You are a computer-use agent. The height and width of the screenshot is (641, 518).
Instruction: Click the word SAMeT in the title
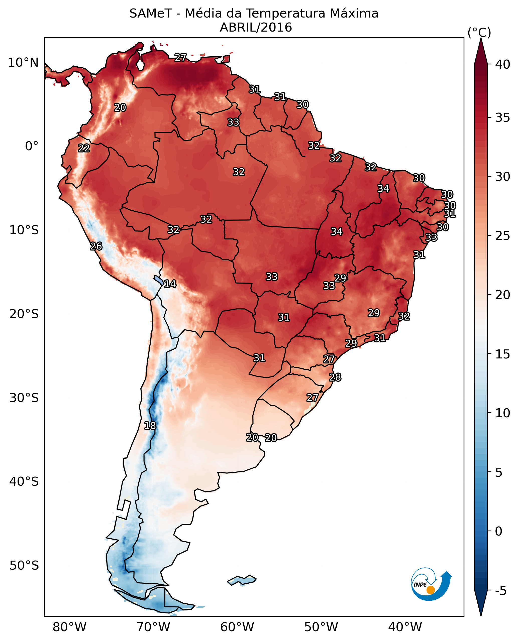(x=151, y=14)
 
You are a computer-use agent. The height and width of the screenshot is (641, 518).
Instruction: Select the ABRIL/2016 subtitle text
(x=256, y=28)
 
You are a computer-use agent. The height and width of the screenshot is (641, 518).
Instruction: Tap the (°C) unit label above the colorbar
(x=479, y=33)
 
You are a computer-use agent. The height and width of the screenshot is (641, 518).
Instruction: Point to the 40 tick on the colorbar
(x=502, y=64)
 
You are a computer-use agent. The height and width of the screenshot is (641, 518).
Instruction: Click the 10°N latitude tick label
(x=23, y=63)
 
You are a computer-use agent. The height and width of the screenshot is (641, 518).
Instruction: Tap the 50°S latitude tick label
(x=24, y=565)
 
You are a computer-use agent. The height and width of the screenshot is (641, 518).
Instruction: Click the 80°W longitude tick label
(x=69, y=627)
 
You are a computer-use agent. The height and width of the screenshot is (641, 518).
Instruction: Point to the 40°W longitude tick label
(x=405, y=627)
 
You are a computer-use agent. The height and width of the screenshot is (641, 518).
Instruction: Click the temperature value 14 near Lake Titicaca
(x=170, y=284)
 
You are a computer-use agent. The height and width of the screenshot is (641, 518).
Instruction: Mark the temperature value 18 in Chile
(x=150, y=426)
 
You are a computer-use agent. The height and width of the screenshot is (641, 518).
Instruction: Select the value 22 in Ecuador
(x=84, y=148)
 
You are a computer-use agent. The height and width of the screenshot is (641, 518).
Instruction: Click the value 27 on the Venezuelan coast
(x=180, y=57)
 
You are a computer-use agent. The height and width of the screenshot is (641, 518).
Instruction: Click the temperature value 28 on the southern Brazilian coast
(x=335, y=377)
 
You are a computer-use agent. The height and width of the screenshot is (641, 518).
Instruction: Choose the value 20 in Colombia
(x=120, y=107)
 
